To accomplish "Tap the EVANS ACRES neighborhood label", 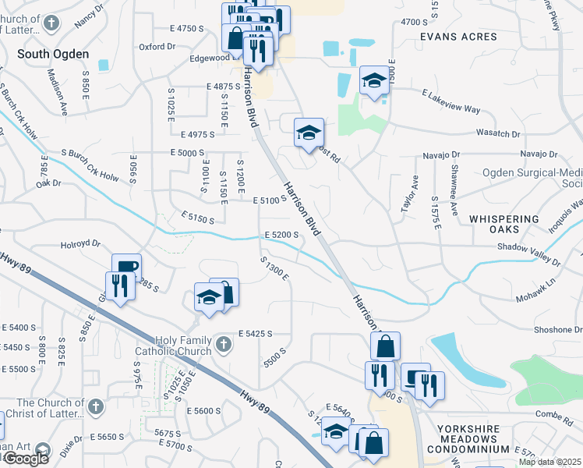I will coord(458,37).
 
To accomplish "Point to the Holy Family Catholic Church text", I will coord(173,346).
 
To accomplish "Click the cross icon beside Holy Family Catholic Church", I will coord(224,344).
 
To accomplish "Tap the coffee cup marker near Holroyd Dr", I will coord(126,266).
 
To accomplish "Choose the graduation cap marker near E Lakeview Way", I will coord(374,80).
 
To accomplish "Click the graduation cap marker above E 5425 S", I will coord(209,297).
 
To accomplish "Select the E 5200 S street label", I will coord(282,234).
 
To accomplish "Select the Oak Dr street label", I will coord(48,183).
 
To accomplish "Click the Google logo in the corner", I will coord(26,459).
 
